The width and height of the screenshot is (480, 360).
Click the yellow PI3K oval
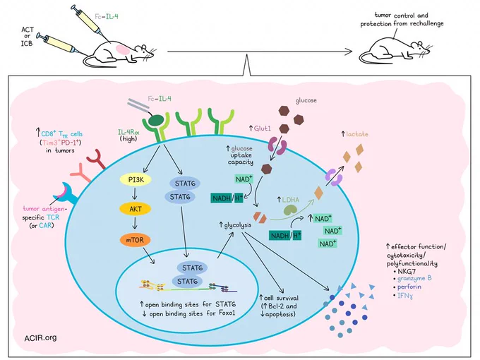pos(136,180)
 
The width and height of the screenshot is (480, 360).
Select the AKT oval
pos(136,209)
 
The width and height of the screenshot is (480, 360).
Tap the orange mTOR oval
pos(136,240)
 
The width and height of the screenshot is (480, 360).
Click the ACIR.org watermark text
pos(40,337)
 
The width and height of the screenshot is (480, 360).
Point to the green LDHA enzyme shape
pos(289,210)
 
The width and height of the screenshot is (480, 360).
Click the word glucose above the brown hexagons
pos(306,101)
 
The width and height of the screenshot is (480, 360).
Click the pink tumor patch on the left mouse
pos(122,49)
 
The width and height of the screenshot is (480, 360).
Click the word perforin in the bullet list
pos(409,287)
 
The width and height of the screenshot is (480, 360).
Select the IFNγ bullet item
pos(405,295)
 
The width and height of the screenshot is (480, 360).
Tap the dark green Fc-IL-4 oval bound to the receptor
pos(156,120)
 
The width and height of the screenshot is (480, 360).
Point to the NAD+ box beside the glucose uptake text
pos(244,179)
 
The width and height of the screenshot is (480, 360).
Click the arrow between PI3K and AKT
pos(135,194)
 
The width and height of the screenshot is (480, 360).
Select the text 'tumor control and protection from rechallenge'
pos(402,19)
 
